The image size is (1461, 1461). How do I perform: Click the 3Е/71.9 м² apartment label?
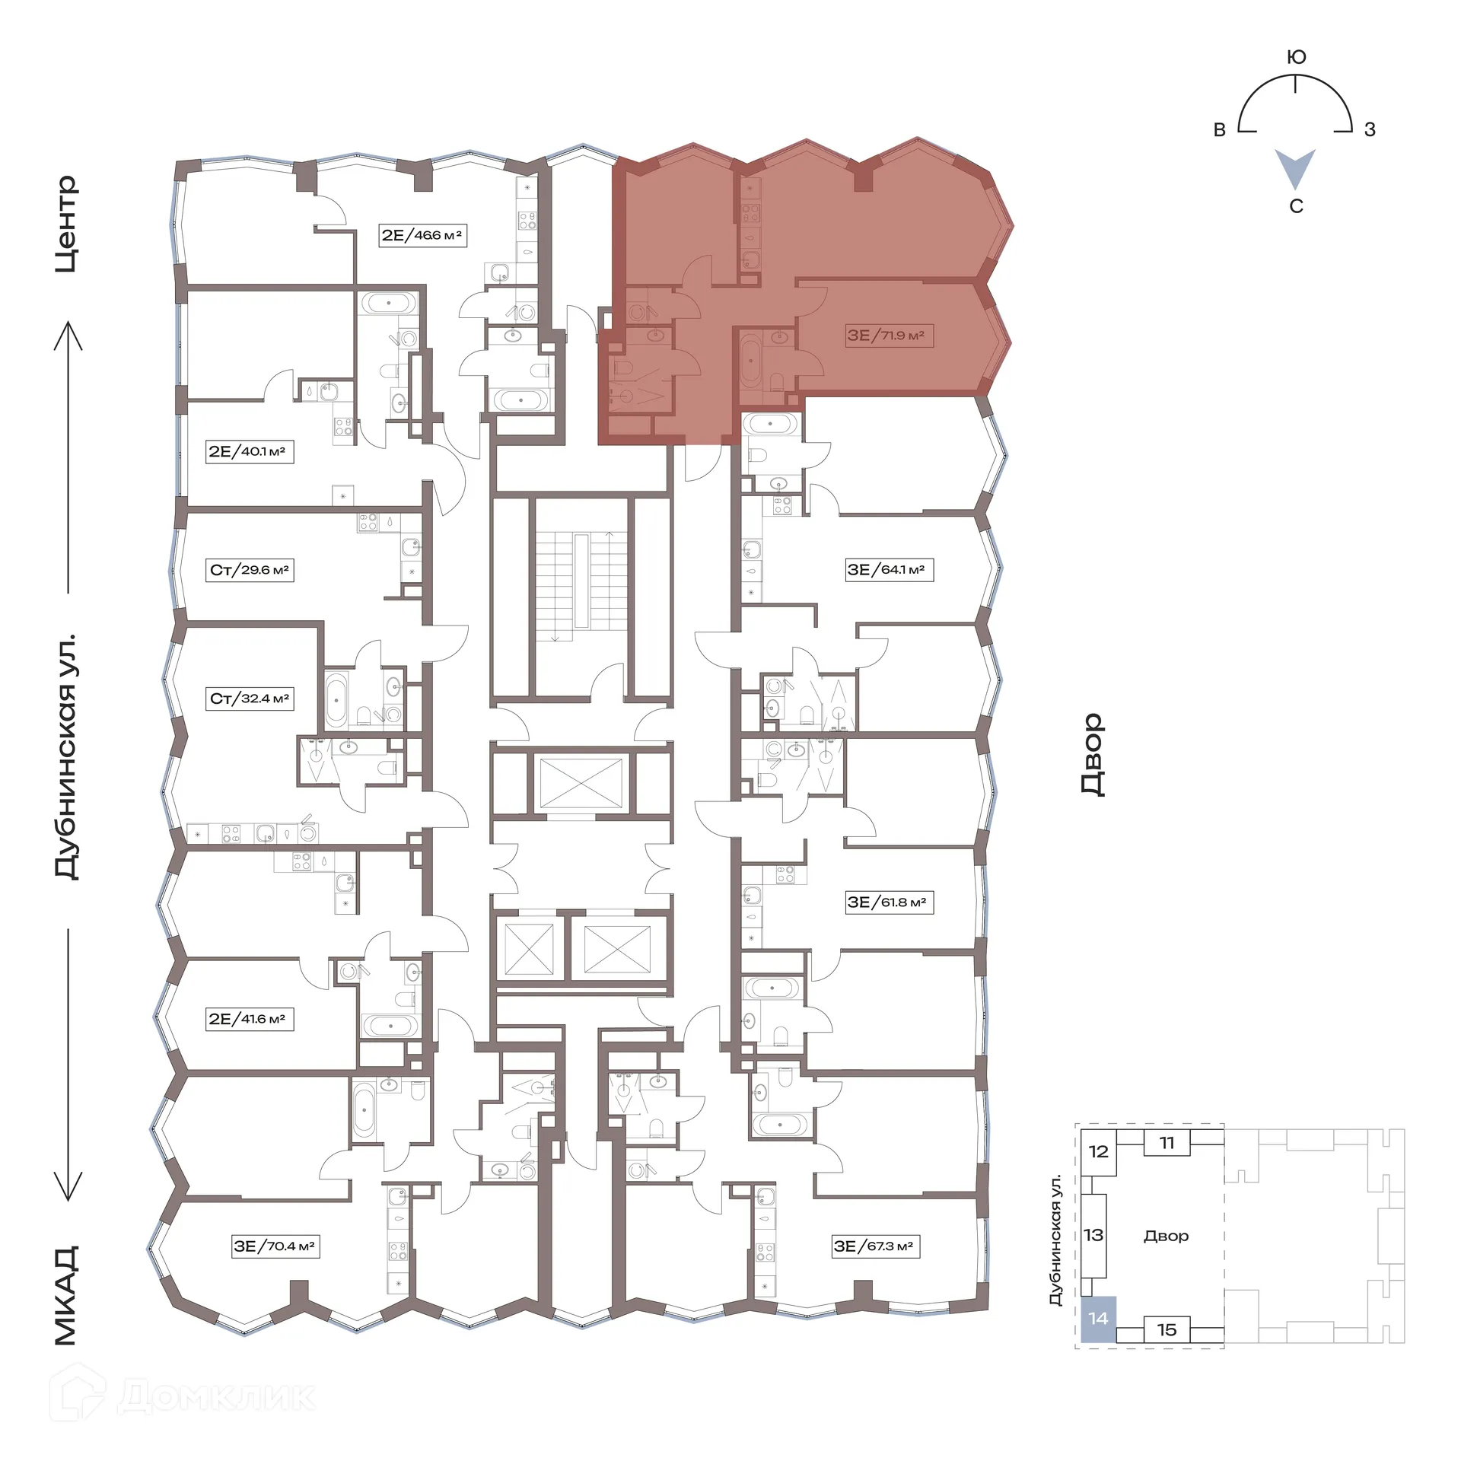(x=886, y=336)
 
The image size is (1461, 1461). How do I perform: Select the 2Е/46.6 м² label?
(x=422, y=235)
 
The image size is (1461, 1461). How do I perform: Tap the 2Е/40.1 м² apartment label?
(x=247, y=451)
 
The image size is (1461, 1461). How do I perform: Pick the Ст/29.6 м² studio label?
(x=250, y=570)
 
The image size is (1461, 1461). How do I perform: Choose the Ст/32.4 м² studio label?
(x=250, y=699)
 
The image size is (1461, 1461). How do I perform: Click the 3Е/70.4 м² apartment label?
(x=275, y=1246)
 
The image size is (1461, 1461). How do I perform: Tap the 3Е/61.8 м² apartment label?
(x=887, y=902)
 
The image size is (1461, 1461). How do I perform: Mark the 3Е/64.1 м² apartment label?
(x=887, y=570)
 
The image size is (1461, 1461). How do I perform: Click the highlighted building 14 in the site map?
(x=1098, y=1319)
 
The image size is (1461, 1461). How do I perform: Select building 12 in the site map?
(x=1098, y=1151)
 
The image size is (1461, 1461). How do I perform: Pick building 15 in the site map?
(x=1167, y=1330)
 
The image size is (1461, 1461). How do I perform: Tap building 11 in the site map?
(x=1167, y=1143)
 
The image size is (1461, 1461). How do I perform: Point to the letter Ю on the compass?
(x=1296, y=58)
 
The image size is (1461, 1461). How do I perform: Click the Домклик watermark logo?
(x=183, y=1395)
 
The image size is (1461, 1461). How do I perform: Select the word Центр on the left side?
(x=67, y=224)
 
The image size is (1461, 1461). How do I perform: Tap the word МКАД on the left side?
(x=67, y=1295)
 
